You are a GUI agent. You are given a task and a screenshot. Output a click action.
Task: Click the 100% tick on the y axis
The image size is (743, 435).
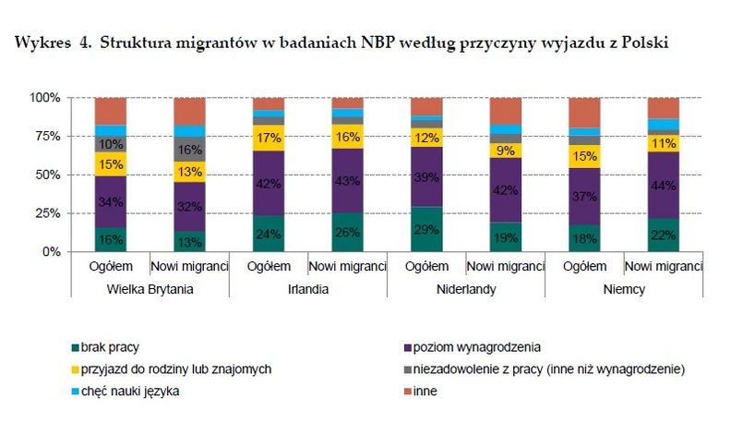(x=43, y=98)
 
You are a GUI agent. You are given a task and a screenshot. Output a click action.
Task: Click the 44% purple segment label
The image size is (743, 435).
(x=663, y=185)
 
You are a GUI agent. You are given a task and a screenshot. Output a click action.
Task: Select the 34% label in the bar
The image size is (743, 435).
(x=111, y=202)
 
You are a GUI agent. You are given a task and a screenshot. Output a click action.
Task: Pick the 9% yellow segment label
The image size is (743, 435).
(x=506, y=150)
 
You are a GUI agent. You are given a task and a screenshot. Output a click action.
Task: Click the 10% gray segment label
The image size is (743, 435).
(x=111, y=144)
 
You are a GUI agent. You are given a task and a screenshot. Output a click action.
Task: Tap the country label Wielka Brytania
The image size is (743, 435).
(x=150, y=289)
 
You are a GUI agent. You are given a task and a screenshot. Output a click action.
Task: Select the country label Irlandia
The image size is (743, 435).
(x=307, y=289)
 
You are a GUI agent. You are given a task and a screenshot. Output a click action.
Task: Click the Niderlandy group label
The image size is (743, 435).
(x=466, y=289)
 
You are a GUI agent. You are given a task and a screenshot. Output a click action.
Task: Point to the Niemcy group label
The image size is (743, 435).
(x=623, y=289)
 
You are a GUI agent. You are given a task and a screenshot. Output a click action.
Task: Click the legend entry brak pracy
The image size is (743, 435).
(x=108, y=347)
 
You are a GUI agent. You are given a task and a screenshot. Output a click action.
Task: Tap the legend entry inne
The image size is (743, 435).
(x=426, y=391)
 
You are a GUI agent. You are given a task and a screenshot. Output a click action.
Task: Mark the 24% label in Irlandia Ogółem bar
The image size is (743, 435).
(x=269, y=234)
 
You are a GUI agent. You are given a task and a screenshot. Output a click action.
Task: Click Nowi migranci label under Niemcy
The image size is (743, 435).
(x=663, y=267)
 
